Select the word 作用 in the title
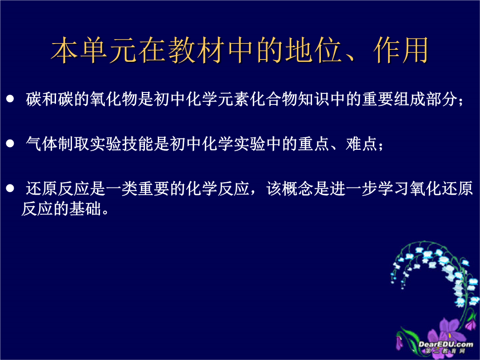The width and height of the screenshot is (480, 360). [x=400, y=50]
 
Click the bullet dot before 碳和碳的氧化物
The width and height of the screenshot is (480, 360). [x=10, y=99]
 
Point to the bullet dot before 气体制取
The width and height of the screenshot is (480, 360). [x=10, y=143]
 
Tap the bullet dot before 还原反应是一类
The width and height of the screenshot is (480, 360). [x=10, y=188]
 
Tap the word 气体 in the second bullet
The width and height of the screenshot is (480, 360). [x=42, y=143]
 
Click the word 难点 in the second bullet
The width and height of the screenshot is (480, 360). [x=361, y=143]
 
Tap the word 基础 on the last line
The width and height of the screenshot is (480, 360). [x=85, y=209]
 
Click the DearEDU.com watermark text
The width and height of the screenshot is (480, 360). [x=445, y=344]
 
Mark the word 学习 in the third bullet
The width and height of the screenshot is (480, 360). [x=394, y=188]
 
